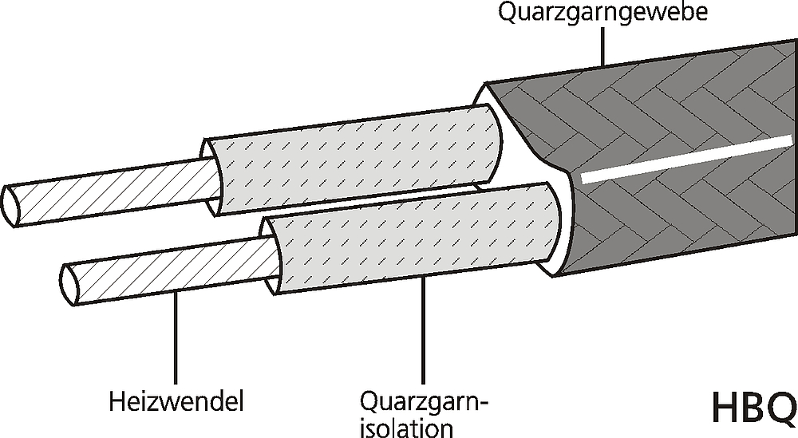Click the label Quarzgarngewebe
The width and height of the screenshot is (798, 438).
pyautogui.click(x=602, y=12)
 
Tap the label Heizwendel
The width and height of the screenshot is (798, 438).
pyautogui.click(x=176, y=401)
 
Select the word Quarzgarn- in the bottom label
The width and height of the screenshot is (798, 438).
pyautogui.click(x=424, y=402)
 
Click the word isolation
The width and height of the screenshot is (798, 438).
pyautogui.click(x=406, y=428)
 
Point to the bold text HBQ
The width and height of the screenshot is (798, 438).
pyautogui.click(x=754, y=408)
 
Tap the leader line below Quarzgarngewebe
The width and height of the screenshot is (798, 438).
pyautogui.click(x=602, y=45)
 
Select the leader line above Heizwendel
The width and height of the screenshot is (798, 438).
pyautogui.click(x=176, y=338)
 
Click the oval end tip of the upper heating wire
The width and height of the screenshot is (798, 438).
pyautogui.click(x=11, y=206)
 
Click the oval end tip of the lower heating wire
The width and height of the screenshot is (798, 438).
pyautogui.click(x=69, y=285)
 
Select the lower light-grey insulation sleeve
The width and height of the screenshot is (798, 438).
pyautogui.click(x=413, y=238)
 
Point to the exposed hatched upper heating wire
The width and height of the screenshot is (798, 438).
pyautogui.click(x=112, y=191)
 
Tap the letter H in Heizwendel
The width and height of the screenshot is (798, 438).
pyautogui.click(x=117, y=401)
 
